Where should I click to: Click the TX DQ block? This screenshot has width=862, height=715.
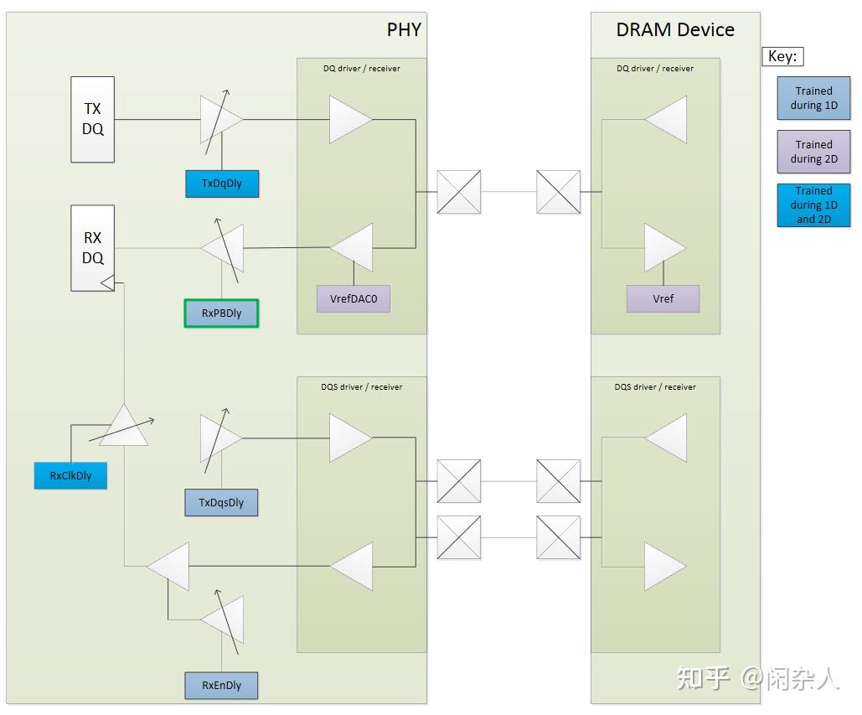92,119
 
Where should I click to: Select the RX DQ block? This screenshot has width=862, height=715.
92,248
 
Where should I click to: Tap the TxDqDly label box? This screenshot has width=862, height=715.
221,184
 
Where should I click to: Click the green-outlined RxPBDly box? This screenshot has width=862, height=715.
221,313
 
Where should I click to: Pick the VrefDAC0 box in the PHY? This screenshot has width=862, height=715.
353,299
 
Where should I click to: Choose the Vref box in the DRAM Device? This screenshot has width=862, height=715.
663,299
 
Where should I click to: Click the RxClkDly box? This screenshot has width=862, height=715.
70,475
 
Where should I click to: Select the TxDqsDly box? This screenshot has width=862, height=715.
221,503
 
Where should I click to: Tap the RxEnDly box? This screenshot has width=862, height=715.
221,686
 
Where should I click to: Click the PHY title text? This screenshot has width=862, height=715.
403,30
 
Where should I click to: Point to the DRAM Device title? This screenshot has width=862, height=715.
675,30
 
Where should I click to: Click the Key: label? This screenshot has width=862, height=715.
782,57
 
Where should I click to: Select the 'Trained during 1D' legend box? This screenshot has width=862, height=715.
813,98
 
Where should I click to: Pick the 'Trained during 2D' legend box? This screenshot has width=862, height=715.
813,152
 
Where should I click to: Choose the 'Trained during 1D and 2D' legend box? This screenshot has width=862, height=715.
813,205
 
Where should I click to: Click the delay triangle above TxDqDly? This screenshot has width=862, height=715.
219,120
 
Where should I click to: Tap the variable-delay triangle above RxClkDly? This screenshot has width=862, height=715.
123,427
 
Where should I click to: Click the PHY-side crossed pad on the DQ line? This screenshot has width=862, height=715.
459,192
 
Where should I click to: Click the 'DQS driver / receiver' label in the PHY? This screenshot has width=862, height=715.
361,387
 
